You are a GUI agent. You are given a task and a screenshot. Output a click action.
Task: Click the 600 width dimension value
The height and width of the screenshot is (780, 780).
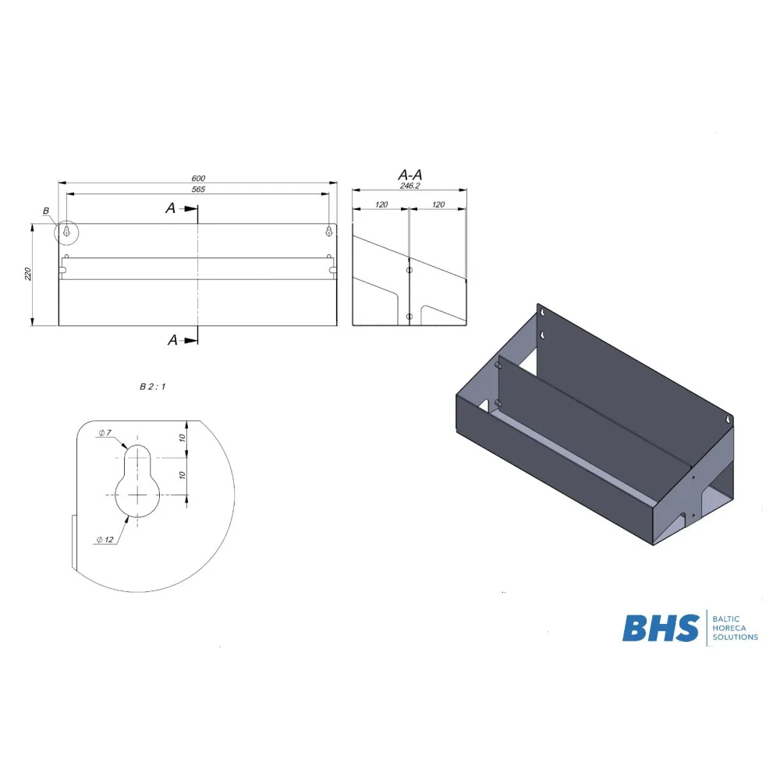pos(198,178)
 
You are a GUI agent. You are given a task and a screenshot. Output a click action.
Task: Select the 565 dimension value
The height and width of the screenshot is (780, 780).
pos(198,189)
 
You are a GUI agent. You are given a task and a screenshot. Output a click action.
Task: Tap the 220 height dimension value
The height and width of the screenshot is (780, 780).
pos(28,274)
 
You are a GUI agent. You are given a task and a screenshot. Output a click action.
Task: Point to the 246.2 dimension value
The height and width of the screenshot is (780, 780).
pos(410,186)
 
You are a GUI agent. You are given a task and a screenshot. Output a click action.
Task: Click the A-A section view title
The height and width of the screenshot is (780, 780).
pos(410,175)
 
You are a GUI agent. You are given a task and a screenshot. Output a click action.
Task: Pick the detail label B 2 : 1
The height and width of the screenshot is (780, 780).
pos(152,387)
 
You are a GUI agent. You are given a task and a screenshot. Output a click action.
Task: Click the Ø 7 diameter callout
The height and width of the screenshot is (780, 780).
pos(105,433)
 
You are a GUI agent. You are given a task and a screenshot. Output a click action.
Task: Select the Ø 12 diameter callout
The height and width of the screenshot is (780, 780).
pos(105,540)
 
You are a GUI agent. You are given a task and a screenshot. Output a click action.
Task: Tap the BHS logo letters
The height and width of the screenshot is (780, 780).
pos(661,628)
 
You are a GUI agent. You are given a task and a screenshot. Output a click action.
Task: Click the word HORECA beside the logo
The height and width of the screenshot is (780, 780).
pos(729,628)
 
